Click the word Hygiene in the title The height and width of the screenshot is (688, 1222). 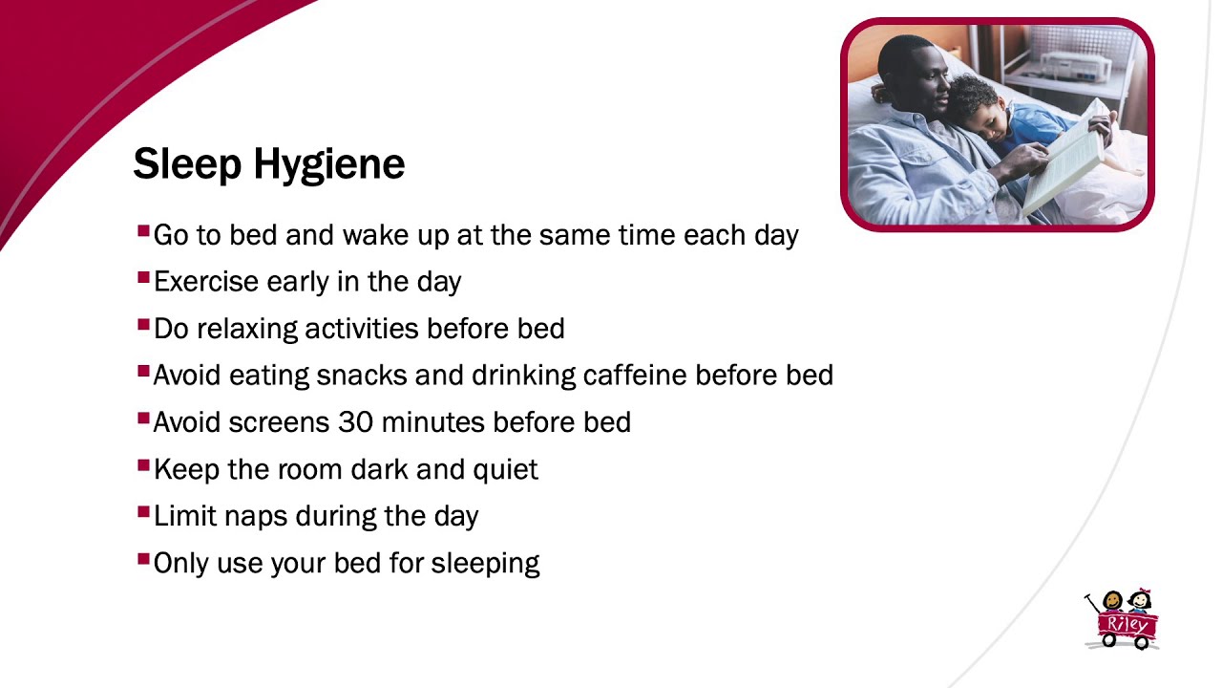point(329,163)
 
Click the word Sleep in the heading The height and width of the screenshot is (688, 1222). point(187,163)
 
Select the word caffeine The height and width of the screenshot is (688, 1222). point(635,375)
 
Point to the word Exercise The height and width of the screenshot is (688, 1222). point(206,282)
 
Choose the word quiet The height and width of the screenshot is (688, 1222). point(505,470)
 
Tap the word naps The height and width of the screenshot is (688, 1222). point(256,517)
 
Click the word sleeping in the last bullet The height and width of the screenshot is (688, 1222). point(486,564)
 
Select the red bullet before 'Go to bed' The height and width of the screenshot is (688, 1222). point(143,230)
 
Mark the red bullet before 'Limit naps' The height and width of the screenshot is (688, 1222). point(143,511)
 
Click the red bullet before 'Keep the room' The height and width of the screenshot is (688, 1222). point(143,465)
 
